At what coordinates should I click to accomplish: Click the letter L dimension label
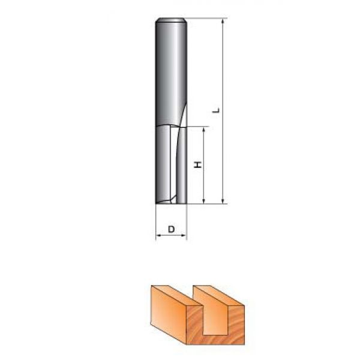pyautogui.click(x=217, y=110)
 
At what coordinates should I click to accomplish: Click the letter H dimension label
pyautogui.click(x=197, y=164)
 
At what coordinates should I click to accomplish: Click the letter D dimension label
pyautogui.click(x=171, y=229)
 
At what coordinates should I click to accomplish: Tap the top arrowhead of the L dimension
pyautogui.click(x=223, y=22)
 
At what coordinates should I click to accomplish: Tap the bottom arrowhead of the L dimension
pyautogui.click(x=223, y=200)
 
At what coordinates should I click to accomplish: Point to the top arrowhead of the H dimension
pyautogui.click(x=203, y=130)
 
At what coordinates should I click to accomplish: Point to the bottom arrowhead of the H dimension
pyautogui.click(x=203, y=200)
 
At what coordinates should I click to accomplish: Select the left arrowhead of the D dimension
pyautogui.click(x=159, y=235)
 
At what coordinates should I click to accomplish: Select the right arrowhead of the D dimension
pyautogui.click(x=184, y=235)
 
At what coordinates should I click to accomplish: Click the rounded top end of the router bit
pyautogui.click(x=171, y=20)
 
